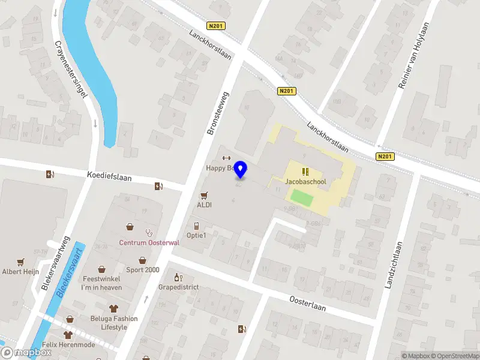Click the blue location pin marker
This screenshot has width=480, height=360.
coord(241,169)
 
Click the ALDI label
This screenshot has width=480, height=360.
coord(205,205)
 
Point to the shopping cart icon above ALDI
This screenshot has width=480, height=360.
coord(205,196)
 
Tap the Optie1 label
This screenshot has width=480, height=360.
coord(196,235)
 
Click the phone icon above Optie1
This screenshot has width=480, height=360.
coord(196,226)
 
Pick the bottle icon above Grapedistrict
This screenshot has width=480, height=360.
coord(177,277)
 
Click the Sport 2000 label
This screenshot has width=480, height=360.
coord(143,270)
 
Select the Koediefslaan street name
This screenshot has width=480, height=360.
coord(109,178)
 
